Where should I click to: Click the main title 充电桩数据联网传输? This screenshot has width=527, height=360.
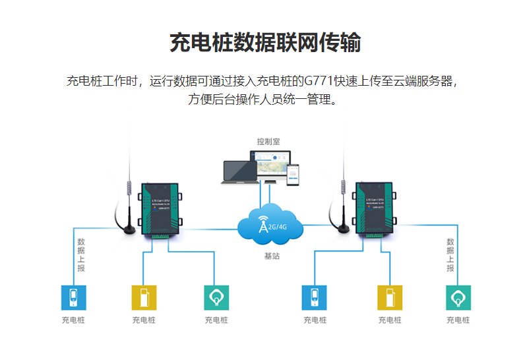click(x=265, y=43)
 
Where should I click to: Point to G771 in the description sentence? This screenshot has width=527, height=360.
click(x=319, y=82)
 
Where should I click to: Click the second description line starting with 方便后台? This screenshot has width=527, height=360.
click(x=263, y=100)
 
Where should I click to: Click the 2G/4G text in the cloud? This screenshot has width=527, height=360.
click(x=278, y=227)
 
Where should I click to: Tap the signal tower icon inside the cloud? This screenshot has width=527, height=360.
click(x=263, y=225)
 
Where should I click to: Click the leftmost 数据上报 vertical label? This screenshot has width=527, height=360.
click(x=80, y=255)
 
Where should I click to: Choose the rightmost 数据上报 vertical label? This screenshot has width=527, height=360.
click(x=450, y=255)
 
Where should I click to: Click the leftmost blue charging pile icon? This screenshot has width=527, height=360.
click(x=73, y=297)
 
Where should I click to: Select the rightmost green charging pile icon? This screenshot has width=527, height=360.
click(x=458, y=297)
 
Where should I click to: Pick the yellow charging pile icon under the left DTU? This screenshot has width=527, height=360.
click(x=144, y=297)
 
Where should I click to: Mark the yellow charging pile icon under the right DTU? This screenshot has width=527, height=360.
click(x=390, y=297)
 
